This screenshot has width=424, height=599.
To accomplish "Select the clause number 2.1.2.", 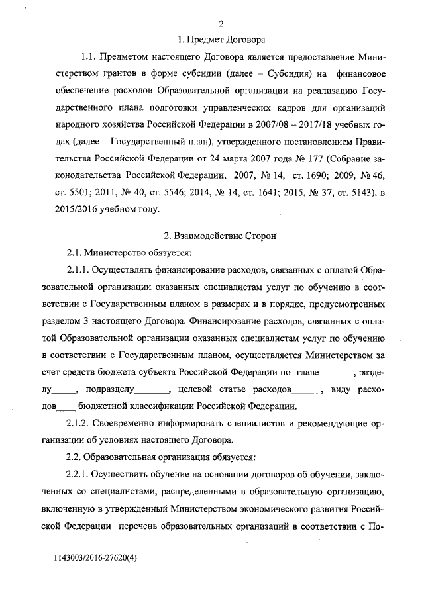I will point(77,423).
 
